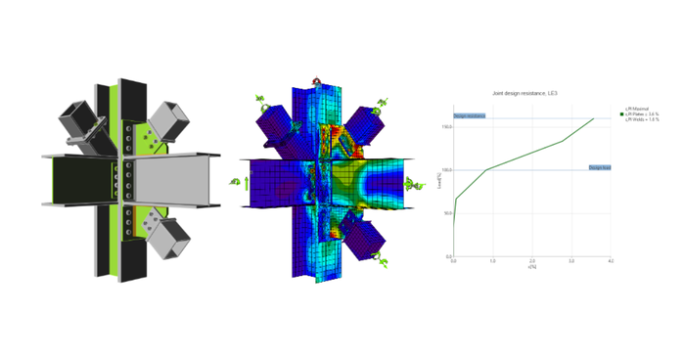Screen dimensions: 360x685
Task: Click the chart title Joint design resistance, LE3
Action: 517,93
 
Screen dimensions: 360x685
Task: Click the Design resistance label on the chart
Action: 469,116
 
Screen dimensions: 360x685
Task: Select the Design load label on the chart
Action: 599,167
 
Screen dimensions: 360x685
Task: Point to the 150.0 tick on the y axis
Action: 446,126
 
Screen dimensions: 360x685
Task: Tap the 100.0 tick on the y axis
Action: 446,170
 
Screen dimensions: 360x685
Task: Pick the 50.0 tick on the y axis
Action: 446,213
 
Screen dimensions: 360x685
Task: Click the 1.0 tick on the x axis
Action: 493,261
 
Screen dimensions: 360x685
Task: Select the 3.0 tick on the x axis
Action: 571,261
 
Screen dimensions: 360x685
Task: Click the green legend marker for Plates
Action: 621,114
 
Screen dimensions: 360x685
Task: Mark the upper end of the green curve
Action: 593,118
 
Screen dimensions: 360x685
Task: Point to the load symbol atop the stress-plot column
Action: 316,82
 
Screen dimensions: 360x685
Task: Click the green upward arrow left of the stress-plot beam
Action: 247,181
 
